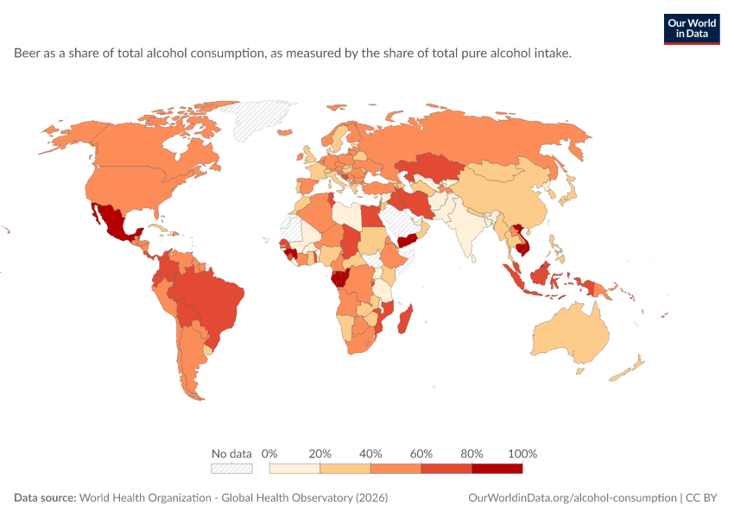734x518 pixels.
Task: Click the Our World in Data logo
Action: point(692,29)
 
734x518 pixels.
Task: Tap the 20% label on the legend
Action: point(320,453)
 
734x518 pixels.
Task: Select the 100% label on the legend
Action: point(522,453)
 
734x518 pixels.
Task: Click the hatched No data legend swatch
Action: point(231,469)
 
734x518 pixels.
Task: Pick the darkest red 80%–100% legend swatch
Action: point(497,469)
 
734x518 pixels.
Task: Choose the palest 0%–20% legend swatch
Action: point(294,469)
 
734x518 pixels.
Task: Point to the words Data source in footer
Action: point(45,497)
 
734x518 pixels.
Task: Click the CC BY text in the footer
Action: point(701,497)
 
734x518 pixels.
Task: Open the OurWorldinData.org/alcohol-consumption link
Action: point(573,497)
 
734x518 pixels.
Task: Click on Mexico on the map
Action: point(114,222)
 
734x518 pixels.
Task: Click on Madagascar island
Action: point(405,319)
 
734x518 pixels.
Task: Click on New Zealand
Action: point(628,370)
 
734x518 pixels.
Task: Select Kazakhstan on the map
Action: point(428,167)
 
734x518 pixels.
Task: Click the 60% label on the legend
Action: point(421,453)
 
